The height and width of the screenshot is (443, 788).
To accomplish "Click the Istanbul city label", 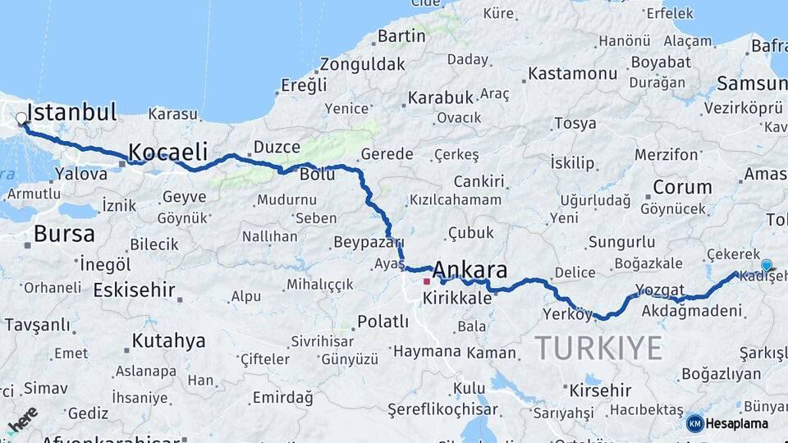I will (x=72, y=112).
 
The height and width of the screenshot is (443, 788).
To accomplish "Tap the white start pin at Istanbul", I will (x=21, y=119).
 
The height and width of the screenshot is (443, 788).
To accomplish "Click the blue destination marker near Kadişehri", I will (x=766, y=265).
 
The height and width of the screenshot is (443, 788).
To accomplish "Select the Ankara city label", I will (x=470, y=271).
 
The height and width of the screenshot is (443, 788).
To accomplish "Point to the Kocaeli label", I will (x=167, y=152).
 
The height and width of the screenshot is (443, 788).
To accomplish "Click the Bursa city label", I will (x=64, y=234).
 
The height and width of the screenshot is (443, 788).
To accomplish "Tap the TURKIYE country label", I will (x=598, y=348).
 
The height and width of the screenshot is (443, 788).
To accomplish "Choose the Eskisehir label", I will (x=134, y=290).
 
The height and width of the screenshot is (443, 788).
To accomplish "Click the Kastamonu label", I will (x=572, y=73).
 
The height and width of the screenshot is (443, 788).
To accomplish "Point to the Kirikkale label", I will (x=457, y=299).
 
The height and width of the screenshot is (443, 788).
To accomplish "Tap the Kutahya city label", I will (x=169, y=341).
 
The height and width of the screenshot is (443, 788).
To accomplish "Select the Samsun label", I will (x=751, y=83).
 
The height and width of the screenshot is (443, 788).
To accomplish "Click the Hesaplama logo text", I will (x=737, y=423).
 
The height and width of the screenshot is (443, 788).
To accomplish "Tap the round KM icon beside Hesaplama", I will (x=694, y=423).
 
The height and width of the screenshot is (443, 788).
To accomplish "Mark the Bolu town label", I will (x=317, y=175).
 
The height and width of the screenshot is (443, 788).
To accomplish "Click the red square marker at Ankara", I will (x=427, y=281).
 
